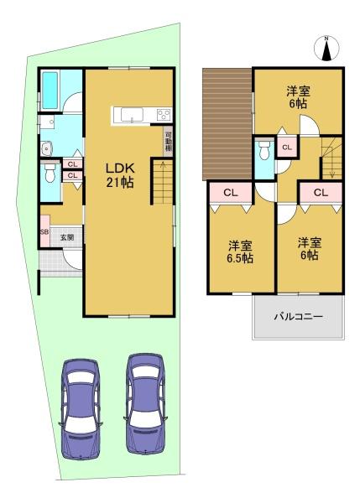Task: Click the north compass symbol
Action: pos(326,48)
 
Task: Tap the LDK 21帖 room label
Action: pos(120,175)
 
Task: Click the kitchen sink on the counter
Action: pos(132,115)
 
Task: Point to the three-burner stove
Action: pos(164,115)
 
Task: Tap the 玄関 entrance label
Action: pos(67,237)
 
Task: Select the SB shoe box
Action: pos(44,231)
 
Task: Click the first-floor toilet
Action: pos(50,173)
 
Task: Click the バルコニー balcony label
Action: pos(299,317)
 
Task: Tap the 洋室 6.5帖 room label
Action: pos(240,252)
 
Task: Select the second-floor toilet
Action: pos(264,150)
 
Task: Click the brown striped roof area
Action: pos(227,124)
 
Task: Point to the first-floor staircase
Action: pos(163,182)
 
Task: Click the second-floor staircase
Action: pos(332,158)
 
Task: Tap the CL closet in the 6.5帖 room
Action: pos(231,193)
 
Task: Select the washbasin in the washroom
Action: pos(47,148)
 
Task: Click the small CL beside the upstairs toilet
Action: pos(287,148)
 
